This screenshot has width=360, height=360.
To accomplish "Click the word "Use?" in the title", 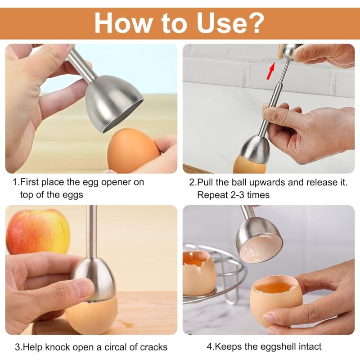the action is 230,23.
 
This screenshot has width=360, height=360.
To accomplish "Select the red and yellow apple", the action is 38,231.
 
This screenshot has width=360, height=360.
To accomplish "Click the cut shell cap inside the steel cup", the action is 261,250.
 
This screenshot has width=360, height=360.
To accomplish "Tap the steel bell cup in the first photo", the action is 113,103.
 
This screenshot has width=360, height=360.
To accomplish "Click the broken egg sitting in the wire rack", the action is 198,273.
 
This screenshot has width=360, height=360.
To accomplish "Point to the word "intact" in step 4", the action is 309,346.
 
